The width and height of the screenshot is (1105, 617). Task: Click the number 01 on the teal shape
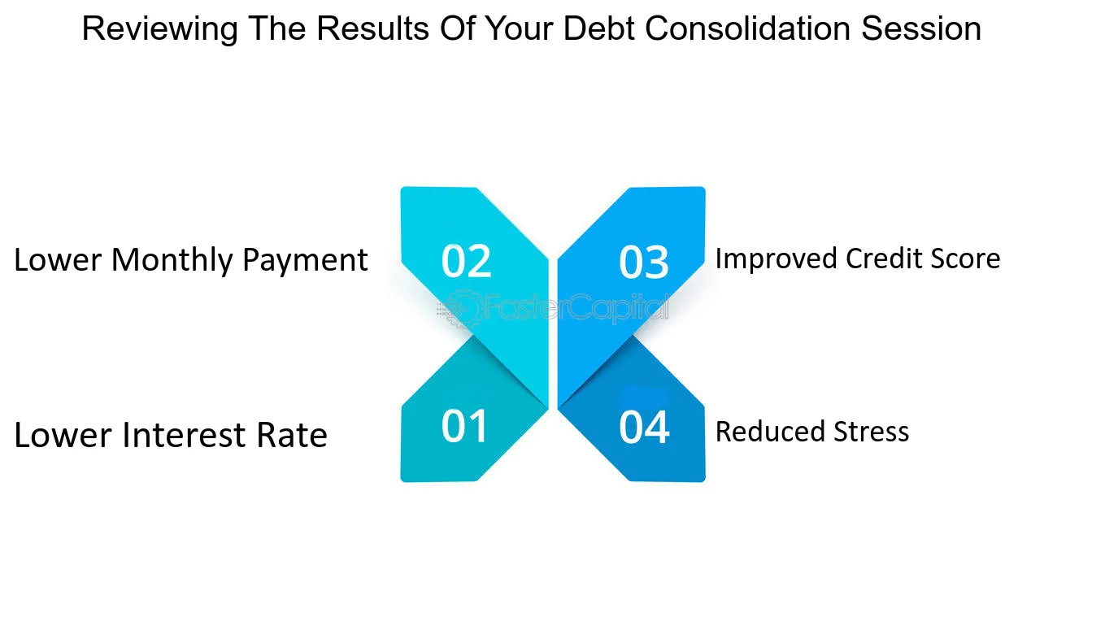pos(464,426)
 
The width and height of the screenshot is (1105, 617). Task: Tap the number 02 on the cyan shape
pos(466,260)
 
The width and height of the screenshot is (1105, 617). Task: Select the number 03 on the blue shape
pos(644,262)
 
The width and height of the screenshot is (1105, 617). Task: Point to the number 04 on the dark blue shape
pos(644,427)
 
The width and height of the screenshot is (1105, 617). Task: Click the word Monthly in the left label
pos(172,261)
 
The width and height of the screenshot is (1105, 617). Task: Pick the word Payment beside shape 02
pos(306,260)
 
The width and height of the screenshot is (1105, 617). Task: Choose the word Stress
pos(871,432)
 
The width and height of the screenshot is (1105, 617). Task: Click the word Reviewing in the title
pos(160,29)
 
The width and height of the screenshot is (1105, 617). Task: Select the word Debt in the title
pos(598,28)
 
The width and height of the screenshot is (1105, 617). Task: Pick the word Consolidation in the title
pos(747,28)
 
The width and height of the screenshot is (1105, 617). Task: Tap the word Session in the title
pos(921,28)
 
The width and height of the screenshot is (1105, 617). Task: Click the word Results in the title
pos(372,28)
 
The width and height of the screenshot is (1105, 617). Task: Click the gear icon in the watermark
pos(461,309)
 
